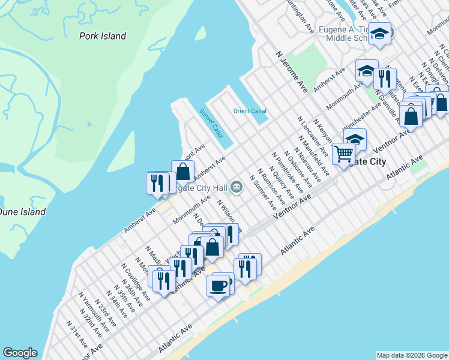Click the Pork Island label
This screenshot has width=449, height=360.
103,36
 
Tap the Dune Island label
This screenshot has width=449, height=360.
22,212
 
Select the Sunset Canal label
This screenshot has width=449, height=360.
211,122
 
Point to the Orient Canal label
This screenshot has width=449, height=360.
250,111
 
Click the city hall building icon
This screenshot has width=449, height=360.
237,187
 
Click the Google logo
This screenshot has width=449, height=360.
20,353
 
